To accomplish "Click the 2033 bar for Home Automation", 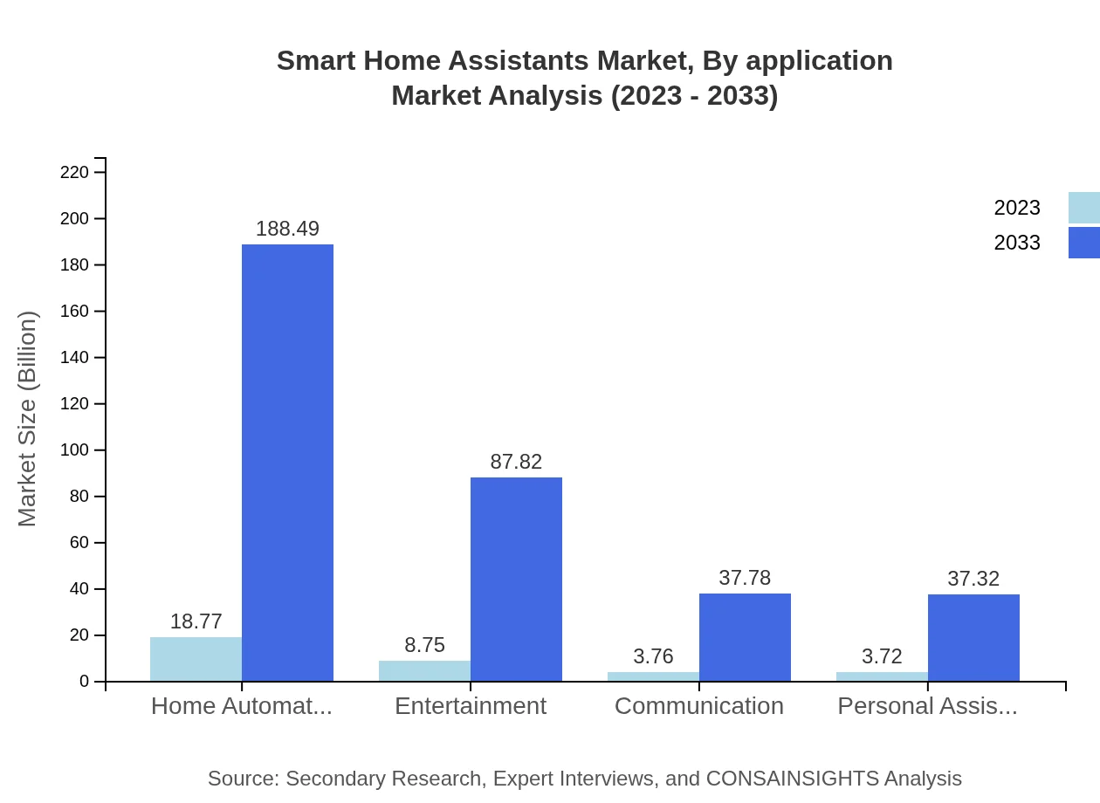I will coord(287,463).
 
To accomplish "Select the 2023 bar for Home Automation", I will coord(196,659).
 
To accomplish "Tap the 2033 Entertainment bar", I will coord(516,580).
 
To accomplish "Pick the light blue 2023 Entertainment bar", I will coord(424,670).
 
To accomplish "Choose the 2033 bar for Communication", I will coord(745,637).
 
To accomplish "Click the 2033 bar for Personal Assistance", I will coord(973,638).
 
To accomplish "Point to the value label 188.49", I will coord(287,229).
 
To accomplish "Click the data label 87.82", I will coord(516,462).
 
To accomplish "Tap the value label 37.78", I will coord(745,578).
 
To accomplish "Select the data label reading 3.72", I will coord(882,656).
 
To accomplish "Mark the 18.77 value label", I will coord(196,621).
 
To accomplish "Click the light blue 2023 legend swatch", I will coord(1083,208).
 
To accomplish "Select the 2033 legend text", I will coord(1017,243).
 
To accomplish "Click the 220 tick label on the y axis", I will coord(74,172).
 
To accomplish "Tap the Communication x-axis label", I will coord(699,706).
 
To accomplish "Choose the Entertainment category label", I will coord(471,706).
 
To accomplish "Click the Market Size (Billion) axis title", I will coord(28,419).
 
